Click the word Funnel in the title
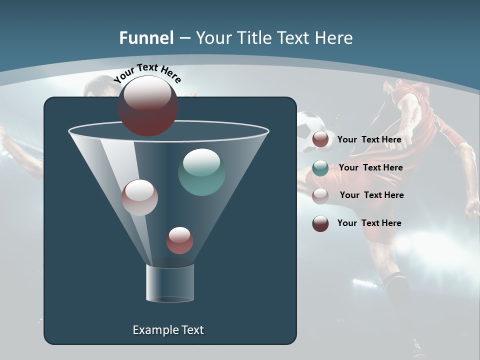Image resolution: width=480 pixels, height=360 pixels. pos(146,38)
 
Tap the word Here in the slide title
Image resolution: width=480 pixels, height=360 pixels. pos(333,38)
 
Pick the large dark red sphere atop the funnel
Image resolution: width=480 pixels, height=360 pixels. pos(148,106)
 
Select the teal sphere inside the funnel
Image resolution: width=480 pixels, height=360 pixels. pos(201,172)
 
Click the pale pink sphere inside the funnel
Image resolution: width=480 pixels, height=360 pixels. pos(140,197)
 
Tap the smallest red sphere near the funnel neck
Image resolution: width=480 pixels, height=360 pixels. pos(179,240)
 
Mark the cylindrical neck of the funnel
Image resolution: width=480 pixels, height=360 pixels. pos(169,283)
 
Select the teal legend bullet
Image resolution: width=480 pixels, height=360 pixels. pos(320,168)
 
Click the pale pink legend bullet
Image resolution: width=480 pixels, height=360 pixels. pos(320,196)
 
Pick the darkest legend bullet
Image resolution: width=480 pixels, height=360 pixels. pos(320,223)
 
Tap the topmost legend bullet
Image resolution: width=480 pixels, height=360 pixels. pos(320,139)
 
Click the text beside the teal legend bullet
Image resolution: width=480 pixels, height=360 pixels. pos(370,167)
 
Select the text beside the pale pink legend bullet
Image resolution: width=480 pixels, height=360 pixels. pos(371,195)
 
